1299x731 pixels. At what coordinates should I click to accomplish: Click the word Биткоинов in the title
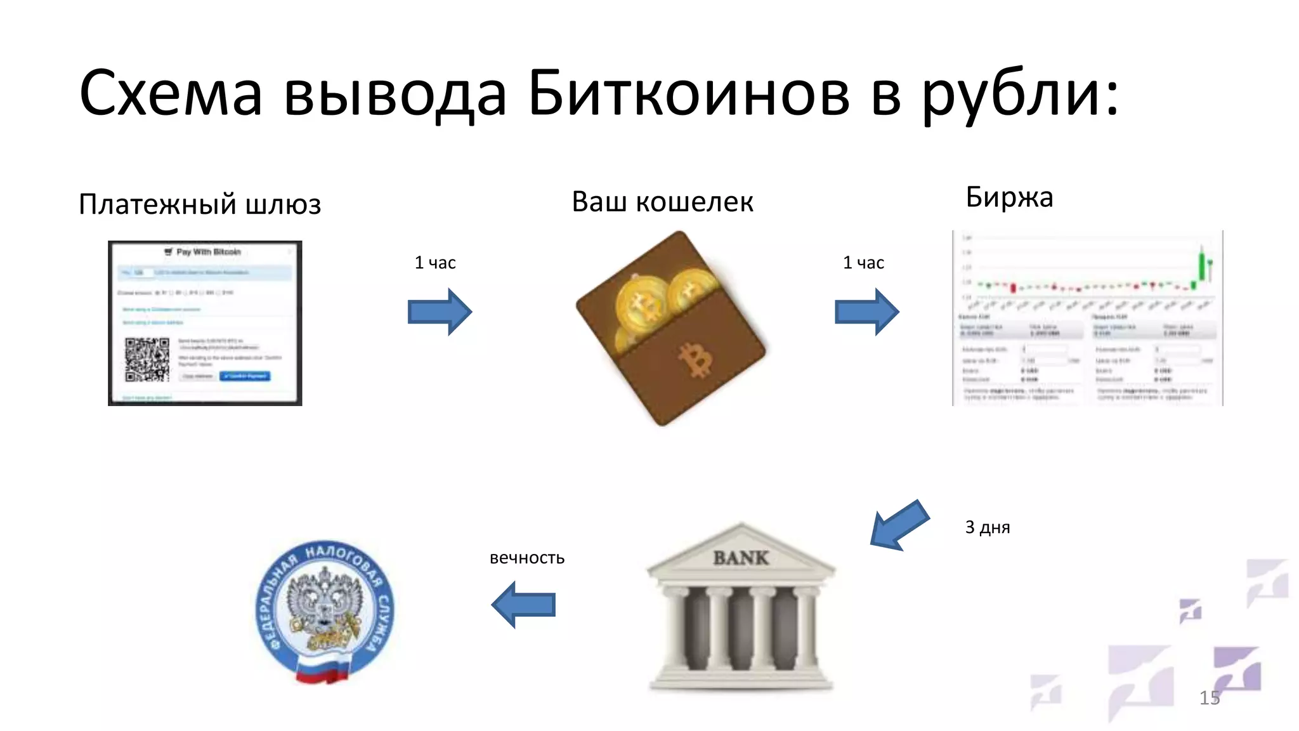688,94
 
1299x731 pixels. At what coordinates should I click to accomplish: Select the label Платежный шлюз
200,205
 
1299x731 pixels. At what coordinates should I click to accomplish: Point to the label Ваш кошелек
662,202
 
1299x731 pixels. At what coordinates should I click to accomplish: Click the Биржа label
1009,197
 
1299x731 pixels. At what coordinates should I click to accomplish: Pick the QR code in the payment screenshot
147,359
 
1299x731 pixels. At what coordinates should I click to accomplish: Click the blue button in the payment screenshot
245,376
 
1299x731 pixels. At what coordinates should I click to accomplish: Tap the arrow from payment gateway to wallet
440,312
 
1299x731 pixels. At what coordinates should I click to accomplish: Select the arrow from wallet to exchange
866,312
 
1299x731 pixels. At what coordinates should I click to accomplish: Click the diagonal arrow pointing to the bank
899,525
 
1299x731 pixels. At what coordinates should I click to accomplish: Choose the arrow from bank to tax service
523,605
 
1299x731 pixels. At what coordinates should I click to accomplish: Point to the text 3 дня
987,527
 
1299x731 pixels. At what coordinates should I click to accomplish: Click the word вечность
526,558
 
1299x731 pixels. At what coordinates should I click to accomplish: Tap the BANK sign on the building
741,558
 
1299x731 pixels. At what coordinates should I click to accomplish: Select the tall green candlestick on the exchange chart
1201,267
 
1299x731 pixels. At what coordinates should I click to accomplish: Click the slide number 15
1209,698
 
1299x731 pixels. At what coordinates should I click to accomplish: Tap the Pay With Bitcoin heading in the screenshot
208,252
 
